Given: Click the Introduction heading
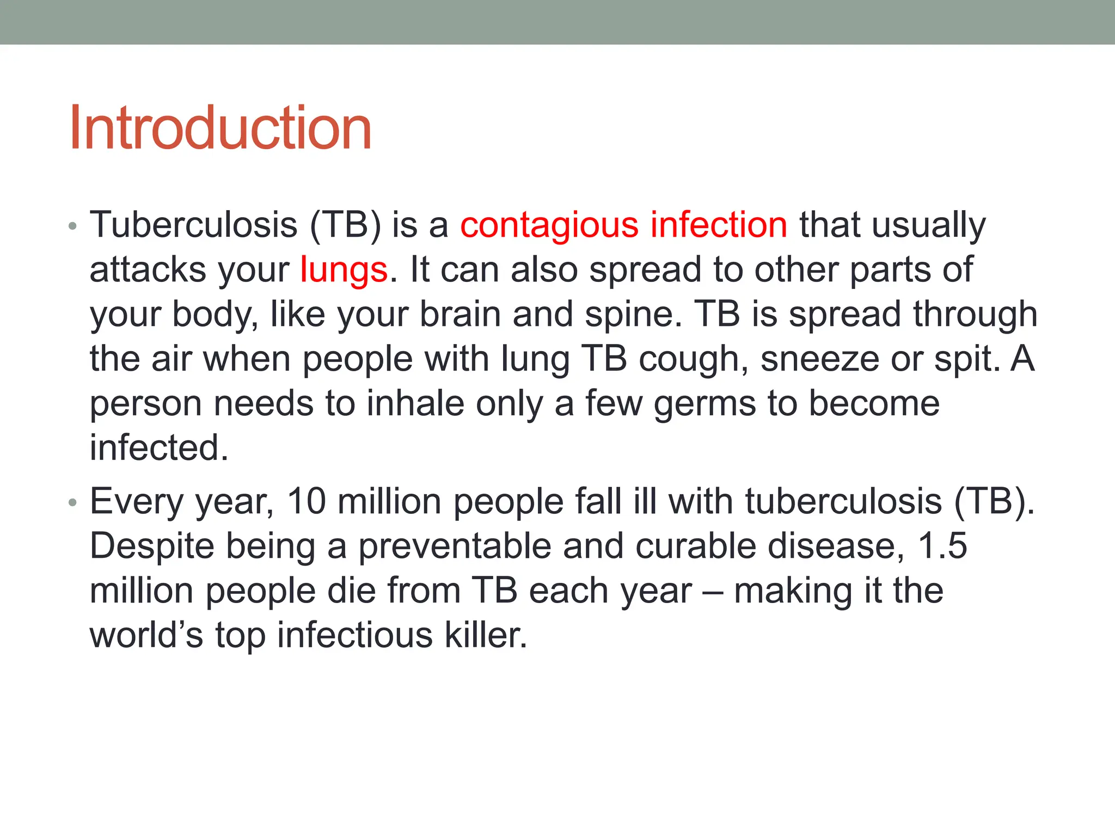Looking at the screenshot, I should point(220,128).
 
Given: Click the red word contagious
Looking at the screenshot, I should point(549,225).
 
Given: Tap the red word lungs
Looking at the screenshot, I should point(344,270).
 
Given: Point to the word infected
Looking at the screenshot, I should point(158,448).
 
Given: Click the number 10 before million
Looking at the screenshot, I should point(307,501).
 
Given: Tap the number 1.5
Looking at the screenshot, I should point(942,546).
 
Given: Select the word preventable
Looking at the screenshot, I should point(455,546).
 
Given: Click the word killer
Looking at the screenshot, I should point(486,635).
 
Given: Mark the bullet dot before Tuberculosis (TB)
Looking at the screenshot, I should point(73,225).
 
